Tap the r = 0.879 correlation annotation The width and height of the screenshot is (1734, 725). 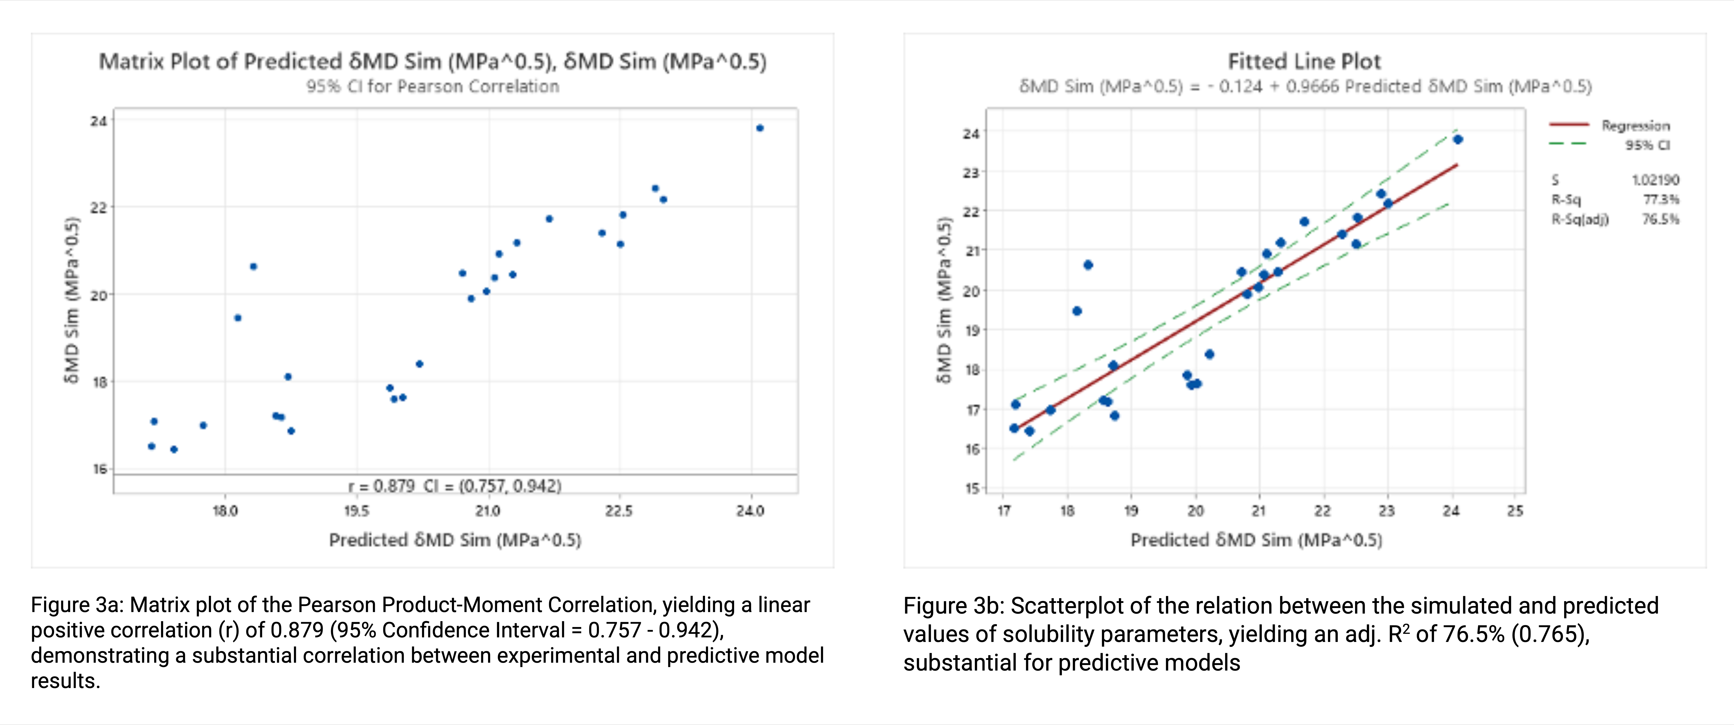(454, 485)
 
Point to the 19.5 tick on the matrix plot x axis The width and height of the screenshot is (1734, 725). (356, 511)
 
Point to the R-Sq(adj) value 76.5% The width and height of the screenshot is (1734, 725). (1661, 220)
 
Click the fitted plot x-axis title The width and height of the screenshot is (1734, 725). (1256, 540)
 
